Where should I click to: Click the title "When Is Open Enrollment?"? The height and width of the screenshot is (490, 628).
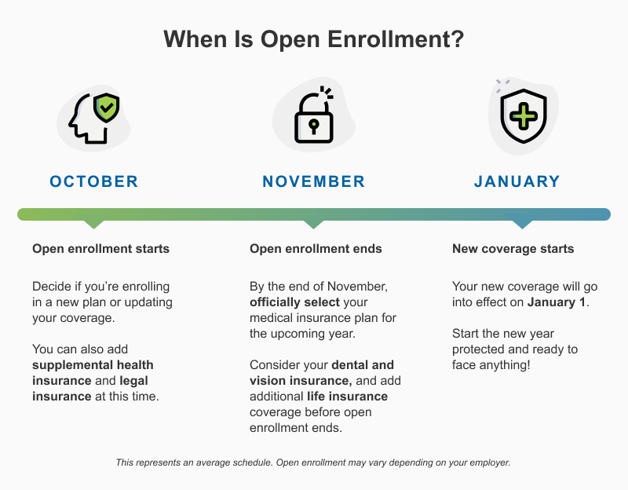313,40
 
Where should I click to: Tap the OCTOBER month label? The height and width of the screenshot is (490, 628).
93,181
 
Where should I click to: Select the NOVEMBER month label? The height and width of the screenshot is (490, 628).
313,181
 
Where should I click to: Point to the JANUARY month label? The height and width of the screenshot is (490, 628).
517,181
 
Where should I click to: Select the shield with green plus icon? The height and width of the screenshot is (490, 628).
524,117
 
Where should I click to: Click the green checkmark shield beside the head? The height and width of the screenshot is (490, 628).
106,108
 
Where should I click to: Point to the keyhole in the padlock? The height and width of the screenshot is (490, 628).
313,126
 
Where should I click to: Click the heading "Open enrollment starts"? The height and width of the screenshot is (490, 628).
100,249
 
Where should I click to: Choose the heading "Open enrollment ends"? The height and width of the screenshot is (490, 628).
316,249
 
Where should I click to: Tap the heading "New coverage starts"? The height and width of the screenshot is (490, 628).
513,249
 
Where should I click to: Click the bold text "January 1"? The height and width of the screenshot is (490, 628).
557,302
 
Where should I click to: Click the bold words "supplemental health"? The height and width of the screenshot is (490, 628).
93,365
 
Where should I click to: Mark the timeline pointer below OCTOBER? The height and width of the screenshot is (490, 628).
93,224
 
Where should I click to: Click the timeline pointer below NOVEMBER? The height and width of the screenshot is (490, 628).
313,224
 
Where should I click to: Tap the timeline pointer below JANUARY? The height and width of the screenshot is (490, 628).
517,224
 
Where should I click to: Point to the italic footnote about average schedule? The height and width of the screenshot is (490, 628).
313,463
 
